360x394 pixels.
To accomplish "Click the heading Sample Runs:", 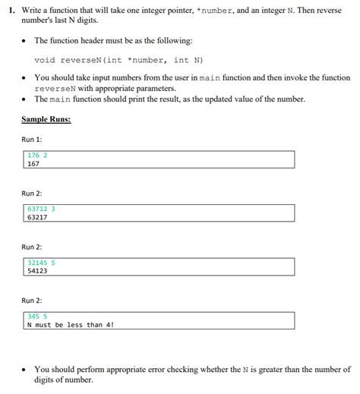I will pos(46,119).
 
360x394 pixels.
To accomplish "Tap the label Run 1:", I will pos(32,140).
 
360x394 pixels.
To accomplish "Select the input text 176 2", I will pos(37,155).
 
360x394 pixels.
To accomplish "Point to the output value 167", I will pos(33,163).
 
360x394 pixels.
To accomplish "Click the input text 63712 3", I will pos(41,209).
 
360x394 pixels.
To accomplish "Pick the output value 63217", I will pos(36,217).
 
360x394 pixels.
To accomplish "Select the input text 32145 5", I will pos(41,263).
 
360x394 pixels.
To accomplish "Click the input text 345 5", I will pos(37,317).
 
